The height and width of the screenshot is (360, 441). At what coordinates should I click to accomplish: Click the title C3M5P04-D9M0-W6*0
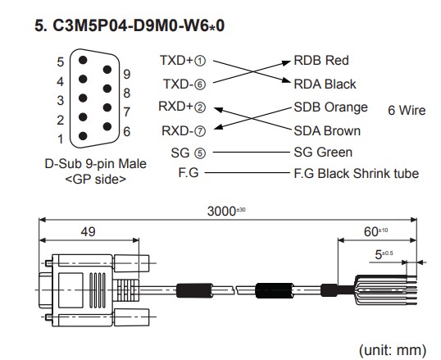[x=139, y=26]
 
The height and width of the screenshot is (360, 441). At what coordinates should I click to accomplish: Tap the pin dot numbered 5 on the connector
[x=83, y=60]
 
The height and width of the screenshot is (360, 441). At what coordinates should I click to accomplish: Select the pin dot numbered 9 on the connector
[x=107, y=70]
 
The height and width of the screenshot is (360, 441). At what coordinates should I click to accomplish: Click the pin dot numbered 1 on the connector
[x=83, y=136]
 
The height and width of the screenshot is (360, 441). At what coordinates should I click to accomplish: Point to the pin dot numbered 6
[x=107, y=126]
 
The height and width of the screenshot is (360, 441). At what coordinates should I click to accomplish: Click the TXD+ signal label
[x=176, y=60]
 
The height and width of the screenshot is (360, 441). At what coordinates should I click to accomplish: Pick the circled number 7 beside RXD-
[x=200, y=131]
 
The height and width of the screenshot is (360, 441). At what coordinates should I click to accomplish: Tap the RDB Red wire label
[x=321, y=60]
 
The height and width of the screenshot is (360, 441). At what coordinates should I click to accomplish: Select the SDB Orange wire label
[x=331, y=107]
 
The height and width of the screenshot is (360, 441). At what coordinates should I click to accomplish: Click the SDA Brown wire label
[x=327, y=131]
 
